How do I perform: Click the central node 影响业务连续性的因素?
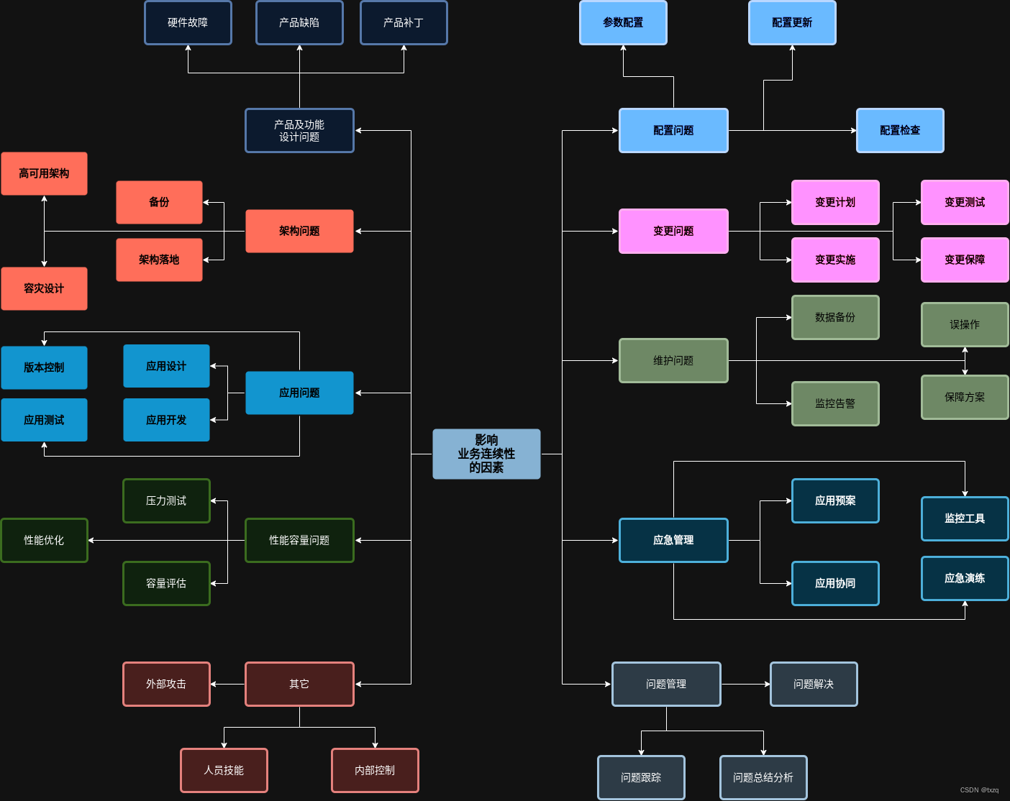tap(486, 454)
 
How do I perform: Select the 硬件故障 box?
tap(188, 23)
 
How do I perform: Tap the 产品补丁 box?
tap(404, 23)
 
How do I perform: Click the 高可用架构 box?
tap(44, 173)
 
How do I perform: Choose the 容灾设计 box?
tap(44, 288)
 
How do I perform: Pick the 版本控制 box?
tap(44, 367)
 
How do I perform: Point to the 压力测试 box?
tap(166, 500)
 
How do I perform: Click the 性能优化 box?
tap(44, 540)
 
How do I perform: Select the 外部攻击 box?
tap(166, 684)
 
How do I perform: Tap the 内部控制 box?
tap(375, 770)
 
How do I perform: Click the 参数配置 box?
tap(623, 23)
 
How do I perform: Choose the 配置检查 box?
tap(900, 130)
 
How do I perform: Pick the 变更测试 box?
tap(965, 202)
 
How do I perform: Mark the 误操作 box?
tap(965, 324)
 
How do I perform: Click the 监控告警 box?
tap(835, 403)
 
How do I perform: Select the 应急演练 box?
tap(965, 578)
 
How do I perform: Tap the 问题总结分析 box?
tap(763, 777)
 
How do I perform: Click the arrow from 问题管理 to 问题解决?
tap(745, 684)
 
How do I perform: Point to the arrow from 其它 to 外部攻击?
tap(227, 684)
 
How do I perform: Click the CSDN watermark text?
tap(979, 789)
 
